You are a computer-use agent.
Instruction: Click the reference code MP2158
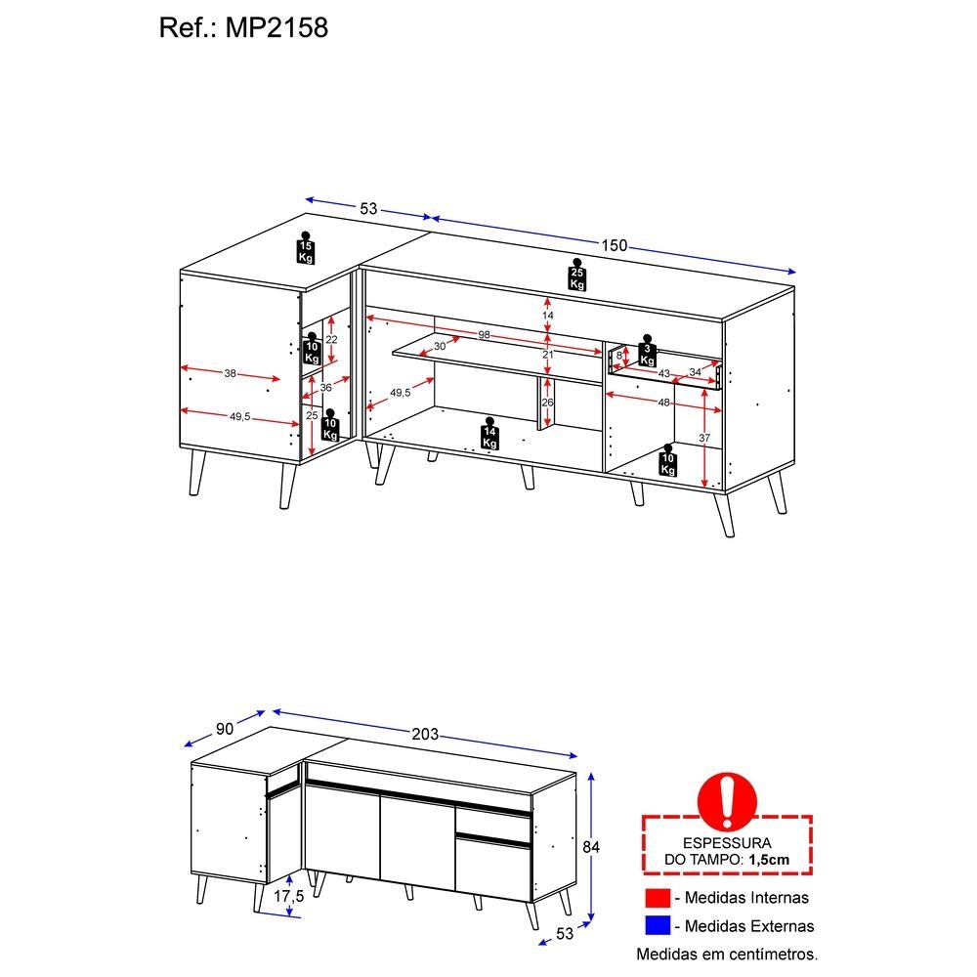[276, 28]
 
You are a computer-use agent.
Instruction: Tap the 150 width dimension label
[614, 245]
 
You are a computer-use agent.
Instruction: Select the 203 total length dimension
[425, 734]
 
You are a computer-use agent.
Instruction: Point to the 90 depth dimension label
[225, 729]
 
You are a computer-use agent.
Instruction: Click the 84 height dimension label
[591, 847]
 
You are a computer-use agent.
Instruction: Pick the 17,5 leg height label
[288, 896]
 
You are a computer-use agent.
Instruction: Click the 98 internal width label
[485, 335]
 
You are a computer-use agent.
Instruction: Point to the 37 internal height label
[704, 438]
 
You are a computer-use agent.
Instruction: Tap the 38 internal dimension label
[230, 373]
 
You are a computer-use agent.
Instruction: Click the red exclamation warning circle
[727, 801]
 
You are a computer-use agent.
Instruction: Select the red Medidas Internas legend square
[658, 898]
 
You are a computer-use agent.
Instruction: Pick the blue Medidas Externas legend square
[658, 925]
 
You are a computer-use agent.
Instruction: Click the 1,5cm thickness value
[769, 860]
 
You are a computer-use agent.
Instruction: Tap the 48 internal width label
[663, 403]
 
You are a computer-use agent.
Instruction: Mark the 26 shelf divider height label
[547, 403]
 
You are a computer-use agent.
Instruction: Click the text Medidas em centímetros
[727, 954]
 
